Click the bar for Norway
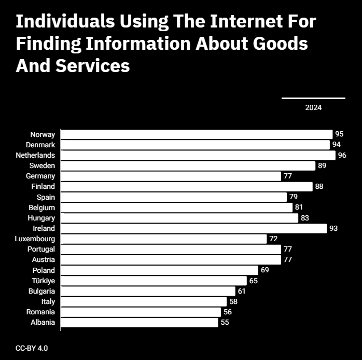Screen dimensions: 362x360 click(197, 134)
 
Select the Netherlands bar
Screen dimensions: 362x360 click(198, 155)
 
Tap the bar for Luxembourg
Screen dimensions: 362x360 click(163, 239)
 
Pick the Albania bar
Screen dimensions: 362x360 click(139, 322)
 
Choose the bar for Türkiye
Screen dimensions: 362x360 click(154, 281)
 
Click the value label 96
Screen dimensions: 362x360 click(342, 155)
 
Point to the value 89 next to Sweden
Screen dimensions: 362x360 click(322, 165)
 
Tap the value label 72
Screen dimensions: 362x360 click(273, 239)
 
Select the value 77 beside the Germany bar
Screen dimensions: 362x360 click(288, 176)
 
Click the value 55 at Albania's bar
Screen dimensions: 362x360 click(225, 322)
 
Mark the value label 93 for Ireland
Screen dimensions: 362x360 click(333, 228)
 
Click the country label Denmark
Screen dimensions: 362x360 click(40, 145)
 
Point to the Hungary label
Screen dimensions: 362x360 click(41, 218)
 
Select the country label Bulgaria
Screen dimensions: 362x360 click(42, 291)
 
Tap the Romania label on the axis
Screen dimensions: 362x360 click(40, 312)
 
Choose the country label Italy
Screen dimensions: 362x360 click(48, 301)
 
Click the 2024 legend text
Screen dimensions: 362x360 click(313, 107)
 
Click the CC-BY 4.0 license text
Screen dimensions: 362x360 click(32, 348)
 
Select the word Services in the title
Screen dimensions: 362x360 click(93, 66)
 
